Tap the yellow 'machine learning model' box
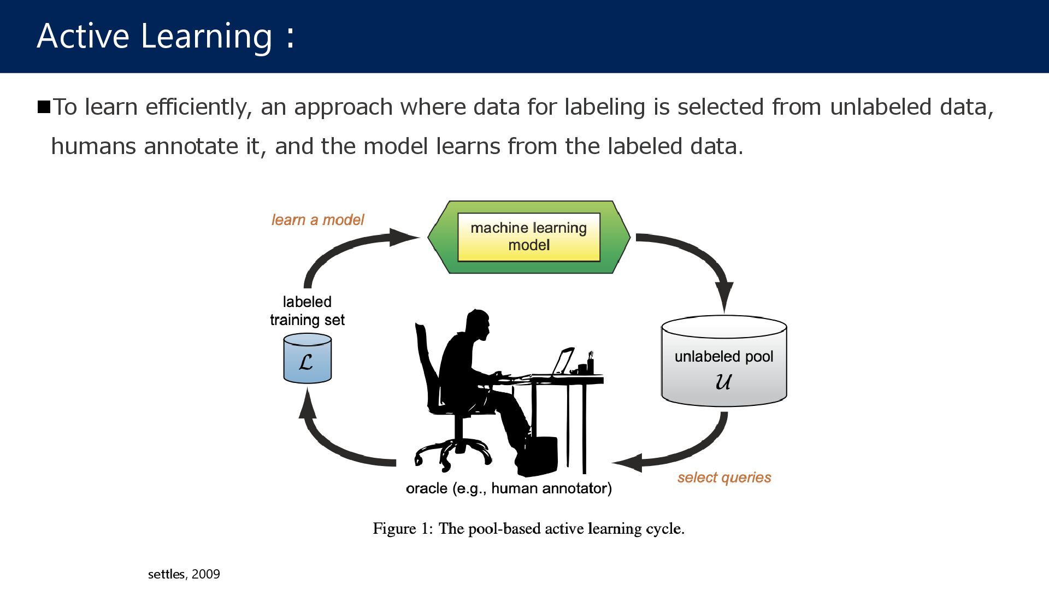pos(528,237)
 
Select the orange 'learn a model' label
pos(317,220)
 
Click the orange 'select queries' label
pos(724,477)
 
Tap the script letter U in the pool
pos(723,381)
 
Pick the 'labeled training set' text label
pos(307,311)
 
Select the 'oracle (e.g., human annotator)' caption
pos(509,488)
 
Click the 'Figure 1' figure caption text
pos(528,529)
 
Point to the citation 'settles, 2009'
pos(184,574)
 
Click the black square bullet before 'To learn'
pos(44,107)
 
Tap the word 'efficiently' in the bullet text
pos(198,107)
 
